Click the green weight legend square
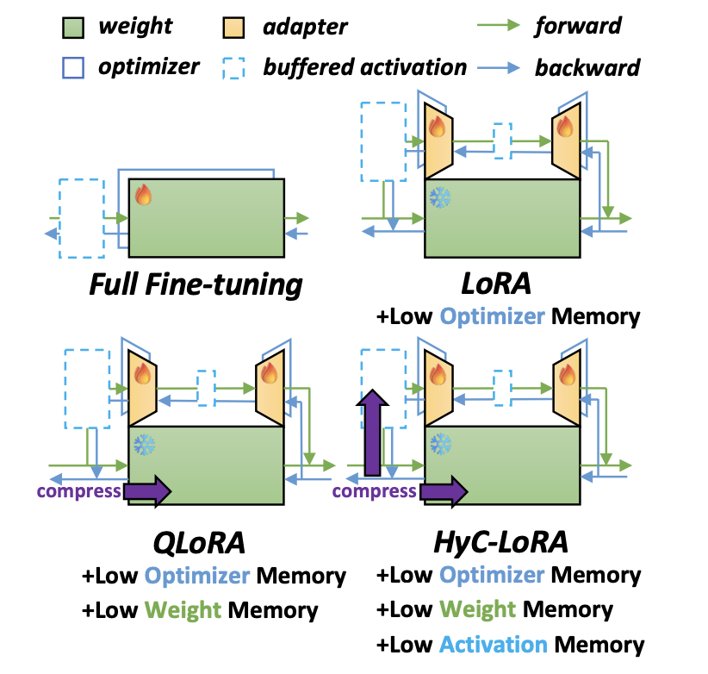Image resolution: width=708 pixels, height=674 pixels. tap(72, 28)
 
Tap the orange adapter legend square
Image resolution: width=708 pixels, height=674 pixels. tap(233, 28)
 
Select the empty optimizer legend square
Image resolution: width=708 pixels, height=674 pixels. tap(72, 68)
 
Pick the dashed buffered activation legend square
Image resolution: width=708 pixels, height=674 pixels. tap(233, 68)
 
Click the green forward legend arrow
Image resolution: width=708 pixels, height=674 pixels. tap(499, 25)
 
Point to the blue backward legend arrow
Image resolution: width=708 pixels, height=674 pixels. tap(499, 68)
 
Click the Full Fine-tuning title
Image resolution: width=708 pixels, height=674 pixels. tap(196, 285)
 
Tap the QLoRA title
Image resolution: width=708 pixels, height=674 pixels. tap(199, 542)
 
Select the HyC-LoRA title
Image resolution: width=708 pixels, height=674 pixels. tap(500, 542)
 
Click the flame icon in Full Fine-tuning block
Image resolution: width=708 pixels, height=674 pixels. tap(144, 195)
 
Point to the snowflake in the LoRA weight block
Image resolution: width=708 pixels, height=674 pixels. tap(440, 197)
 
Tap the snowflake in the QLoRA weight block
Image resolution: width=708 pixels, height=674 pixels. tap(144, 445)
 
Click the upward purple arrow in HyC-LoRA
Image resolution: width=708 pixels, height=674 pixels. tap(372, 433)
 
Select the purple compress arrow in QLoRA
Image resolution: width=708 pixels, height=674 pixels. tap(147, 491)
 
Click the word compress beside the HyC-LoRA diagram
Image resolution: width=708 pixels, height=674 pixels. tap(374, 491)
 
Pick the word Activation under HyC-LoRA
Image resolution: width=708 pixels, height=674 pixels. tap(493, 644)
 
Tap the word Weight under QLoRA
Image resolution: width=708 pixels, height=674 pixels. tap(183, 610)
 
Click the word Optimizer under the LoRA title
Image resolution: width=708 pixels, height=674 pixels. tap(492, 316)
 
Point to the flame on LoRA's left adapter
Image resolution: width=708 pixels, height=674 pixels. tap(437, 126)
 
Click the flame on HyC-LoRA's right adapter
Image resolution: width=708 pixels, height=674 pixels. tap(567, 375)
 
